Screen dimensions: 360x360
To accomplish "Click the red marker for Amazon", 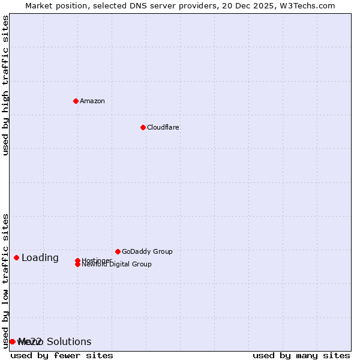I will click(x=76, y=101).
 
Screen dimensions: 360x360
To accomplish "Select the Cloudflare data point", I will click(x=143, y=127).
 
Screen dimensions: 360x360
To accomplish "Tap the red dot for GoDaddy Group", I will click(x=118, y=251).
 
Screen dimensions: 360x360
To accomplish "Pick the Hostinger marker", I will click(x=77, y=260).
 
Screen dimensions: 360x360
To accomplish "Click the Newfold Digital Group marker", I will click(x=77, y=265).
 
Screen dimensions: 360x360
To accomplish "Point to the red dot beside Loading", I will click(x=16, y=257).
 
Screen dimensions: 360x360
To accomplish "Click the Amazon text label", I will click(x=92, y=101).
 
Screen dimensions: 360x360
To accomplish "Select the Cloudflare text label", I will click(x=163, y=127).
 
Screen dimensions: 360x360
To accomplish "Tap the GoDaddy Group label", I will click(x=147, y=251).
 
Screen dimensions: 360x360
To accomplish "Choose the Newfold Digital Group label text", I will click(x=117, y=265).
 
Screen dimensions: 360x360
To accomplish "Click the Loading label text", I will click(x=40, y=258).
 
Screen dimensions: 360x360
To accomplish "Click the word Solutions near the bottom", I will click(x=69, y=341).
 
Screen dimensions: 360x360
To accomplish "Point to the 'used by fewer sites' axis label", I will click(x=62, y=355).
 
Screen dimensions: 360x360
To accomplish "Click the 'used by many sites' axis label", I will click(x=301, y=355).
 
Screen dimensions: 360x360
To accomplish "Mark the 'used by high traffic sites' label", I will click(x=6, y=85).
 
